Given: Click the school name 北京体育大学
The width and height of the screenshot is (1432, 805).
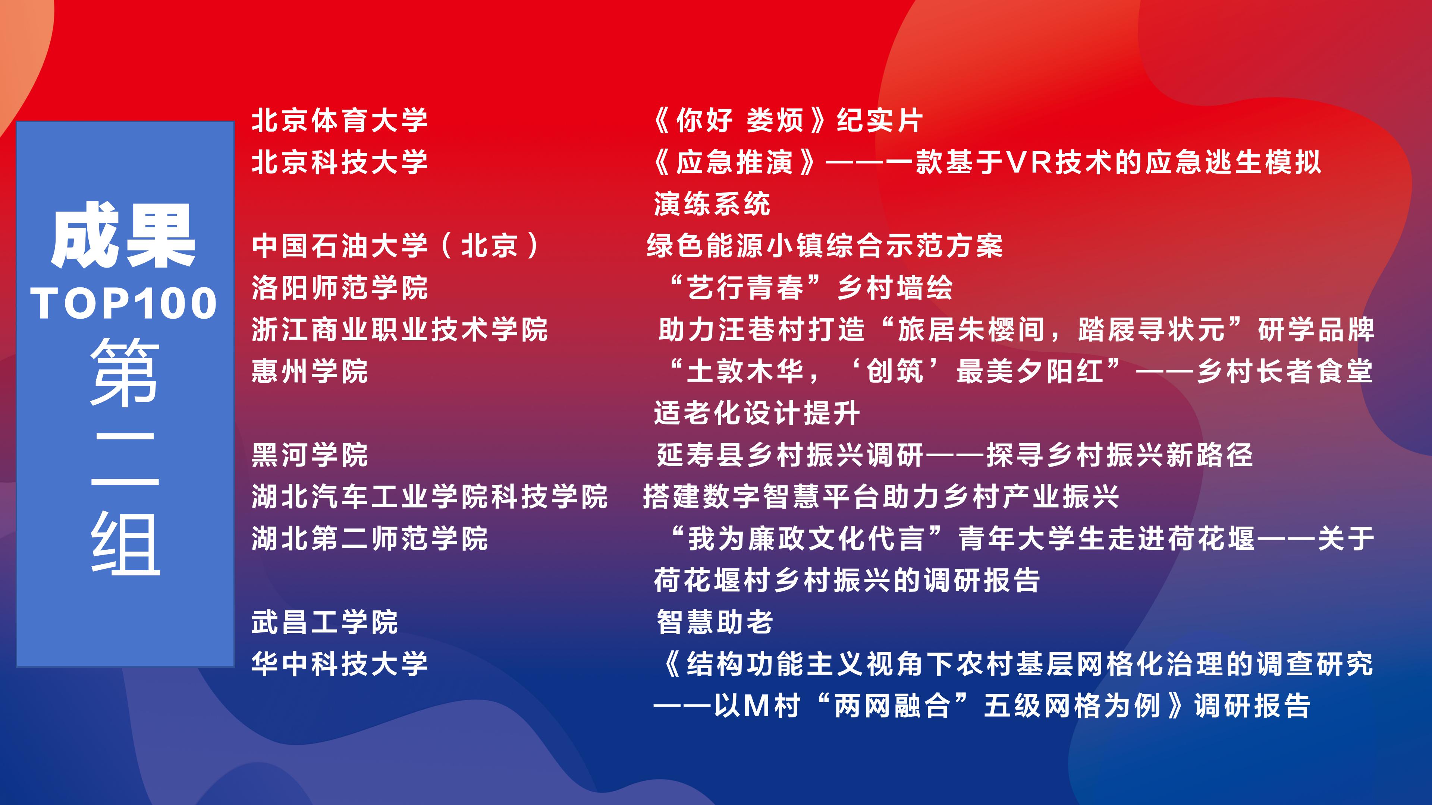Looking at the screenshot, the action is coord(340,120).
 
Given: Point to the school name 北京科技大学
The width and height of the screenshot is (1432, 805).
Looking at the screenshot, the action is coord(340,162).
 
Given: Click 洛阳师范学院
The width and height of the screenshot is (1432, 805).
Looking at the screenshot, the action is coord(340,288).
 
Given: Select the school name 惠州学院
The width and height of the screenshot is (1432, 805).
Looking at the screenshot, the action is coord(310,371).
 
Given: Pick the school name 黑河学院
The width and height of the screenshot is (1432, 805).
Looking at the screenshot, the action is coord(310,455).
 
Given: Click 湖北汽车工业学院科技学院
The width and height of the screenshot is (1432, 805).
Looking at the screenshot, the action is coord(430,497).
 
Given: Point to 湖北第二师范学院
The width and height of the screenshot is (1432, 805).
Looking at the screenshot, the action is coord(370,538).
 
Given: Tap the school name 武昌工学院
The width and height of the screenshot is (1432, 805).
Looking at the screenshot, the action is coord(325,622).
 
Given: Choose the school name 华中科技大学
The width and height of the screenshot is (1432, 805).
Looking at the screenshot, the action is coord(340,664).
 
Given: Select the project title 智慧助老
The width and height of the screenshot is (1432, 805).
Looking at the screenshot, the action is coord(715,622).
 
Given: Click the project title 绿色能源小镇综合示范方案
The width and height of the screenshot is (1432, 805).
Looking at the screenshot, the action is coord(825,246).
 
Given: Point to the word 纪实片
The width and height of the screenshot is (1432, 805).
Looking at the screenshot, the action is coord(880,120).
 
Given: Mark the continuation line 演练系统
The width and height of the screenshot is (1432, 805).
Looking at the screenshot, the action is coord(712,204).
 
